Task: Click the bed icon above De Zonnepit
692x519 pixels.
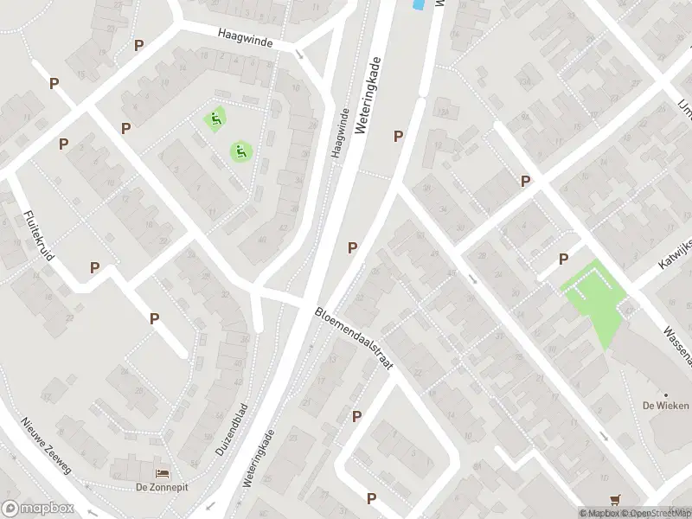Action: [162, 473]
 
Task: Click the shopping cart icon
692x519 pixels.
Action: [615, 499]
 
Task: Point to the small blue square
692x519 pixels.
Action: [419, 5]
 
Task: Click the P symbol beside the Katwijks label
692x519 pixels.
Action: [563, 259]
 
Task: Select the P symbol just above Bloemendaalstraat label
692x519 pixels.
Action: [353, 248]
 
